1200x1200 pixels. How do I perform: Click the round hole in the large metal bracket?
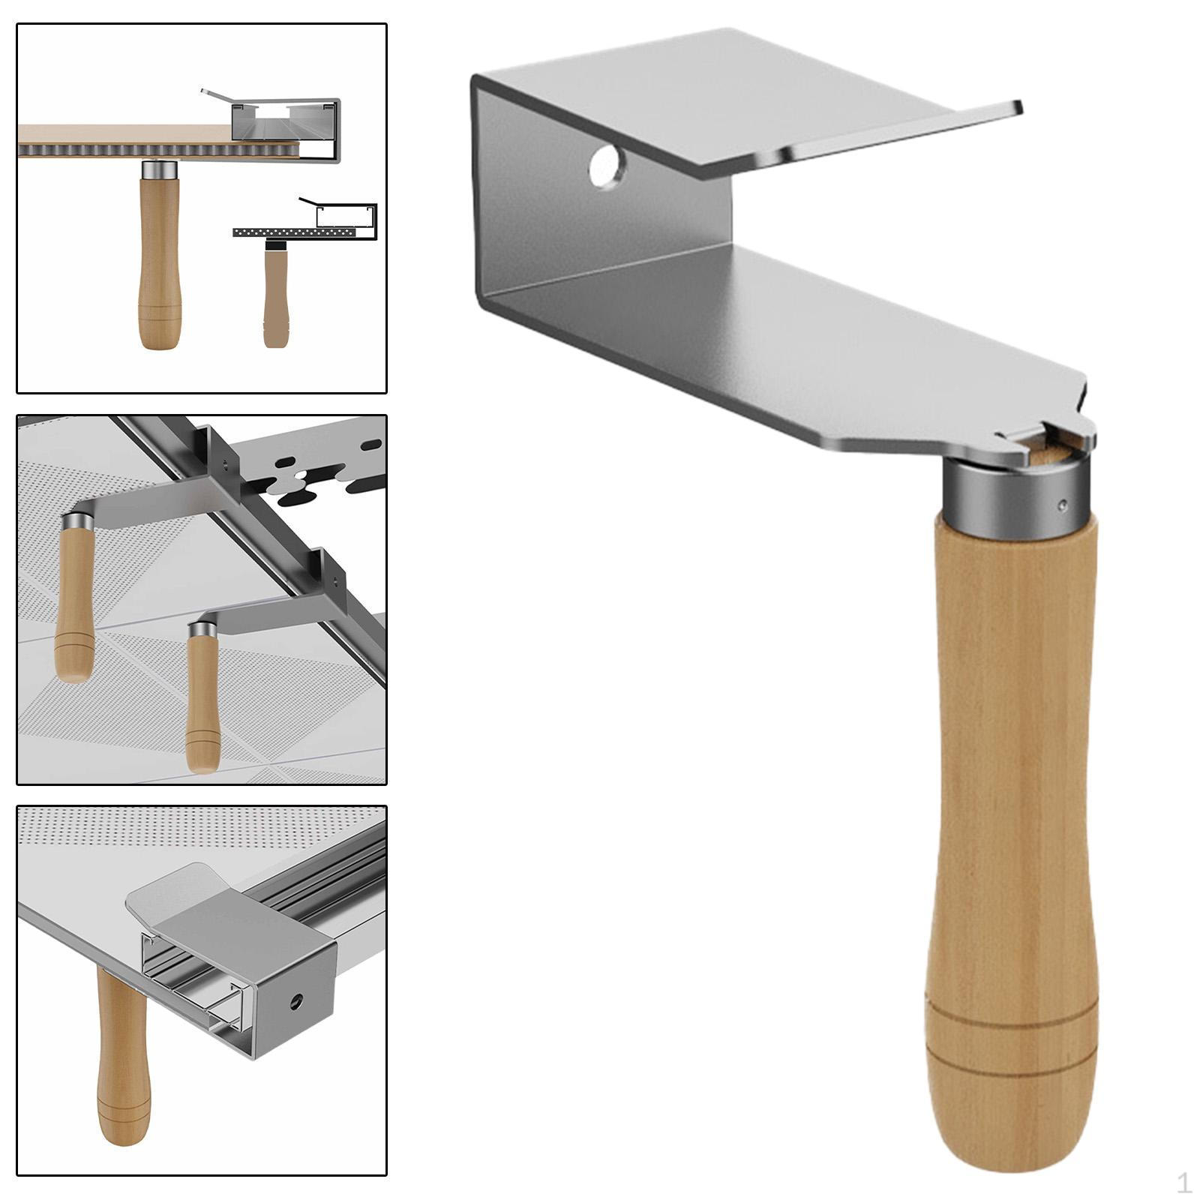click(x=607, y=166)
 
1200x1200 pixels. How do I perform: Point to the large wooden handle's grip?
click(x=1012, y=825)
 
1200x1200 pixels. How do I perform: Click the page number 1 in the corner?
click(x=1183, y=1183)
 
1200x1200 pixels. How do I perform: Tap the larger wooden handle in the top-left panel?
click(x=159, y=262)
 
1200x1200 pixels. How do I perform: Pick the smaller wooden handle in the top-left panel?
click(x=276, y=298)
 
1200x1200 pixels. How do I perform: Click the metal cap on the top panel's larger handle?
click(x=160, y=169)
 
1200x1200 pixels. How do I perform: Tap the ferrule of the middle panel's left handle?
click(x=77, y=520)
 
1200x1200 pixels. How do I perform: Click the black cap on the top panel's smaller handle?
click(x=276, y=244)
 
